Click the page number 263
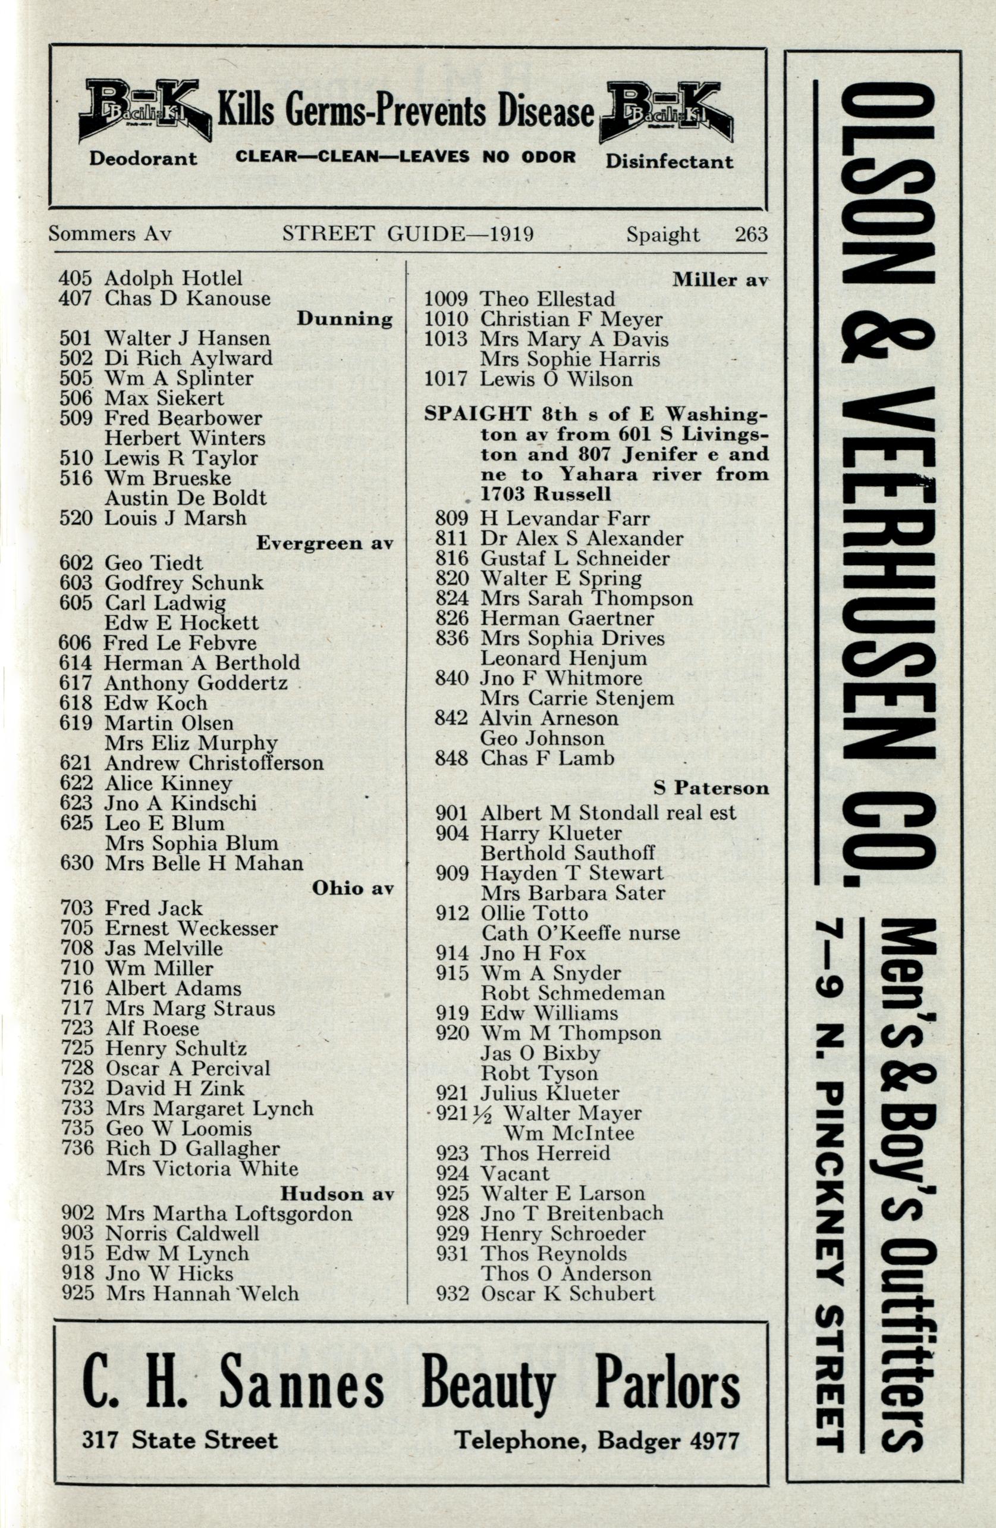tap(752, 234)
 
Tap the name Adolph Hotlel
tap(173, 278)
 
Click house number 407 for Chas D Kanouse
tap(75, 299)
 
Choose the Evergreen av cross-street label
tap(325, 543)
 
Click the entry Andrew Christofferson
tap(213, 763)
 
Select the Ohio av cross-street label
tap(353, 888)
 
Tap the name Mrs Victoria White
tap(202, 1169)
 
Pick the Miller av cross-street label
tap(720, 279)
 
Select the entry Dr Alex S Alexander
tap(582, 538)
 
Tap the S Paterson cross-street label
tap(711, 788)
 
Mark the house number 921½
tap(464, 1113)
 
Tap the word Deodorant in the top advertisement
tap(143, 158)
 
